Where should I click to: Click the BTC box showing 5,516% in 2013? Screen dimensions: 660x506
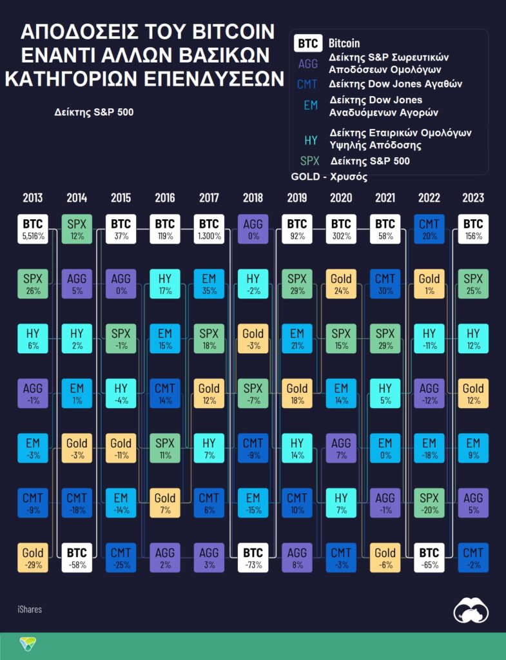(x=33, y=229)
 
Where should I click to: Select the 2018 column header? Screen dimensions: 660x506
(x=253, y=198)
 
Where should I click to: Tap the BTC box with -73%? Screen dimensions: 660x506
(x=253, y=558)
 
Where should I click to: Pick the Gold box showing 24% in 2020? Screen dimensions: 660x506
(x=341, y=284)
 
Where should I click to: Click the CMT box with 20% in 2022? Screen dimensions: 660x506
(x=429, y=229)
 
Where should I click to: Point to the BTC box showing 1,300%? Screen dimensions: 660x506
(x=209, y=229)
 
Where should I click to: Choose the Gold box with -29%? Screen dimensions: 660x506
(x=33, y=558)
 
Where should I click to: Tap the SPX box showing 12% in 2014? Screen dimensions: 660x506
(x=77, y=229)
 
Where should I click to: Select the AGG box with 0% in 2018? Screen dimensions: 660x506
(x=253, y=229)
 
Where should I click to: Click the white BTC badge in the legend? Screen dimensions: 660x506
(x=308, y=44)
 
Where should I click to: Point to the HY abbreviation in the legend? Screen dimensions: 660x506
(x=310, y=140)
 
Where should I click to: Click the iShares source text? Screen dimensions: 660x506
(x=30, y=608)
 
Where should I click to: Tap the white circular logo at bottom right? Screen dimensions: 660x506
(x=471, y=610)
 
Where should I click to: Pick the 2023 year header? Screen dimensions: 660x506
(x=472, y=198)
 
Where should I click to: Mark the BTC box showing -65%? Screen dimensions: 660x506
(x=429, y=558)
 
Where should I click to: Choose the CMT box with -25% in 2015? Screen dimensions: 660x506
(x=121, y=558)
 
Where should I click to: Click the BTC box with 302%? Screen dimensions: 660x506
(x=341, y=229)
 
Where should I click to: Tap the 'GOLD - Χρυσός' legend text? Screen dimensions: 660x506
(x=329, y=177)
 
